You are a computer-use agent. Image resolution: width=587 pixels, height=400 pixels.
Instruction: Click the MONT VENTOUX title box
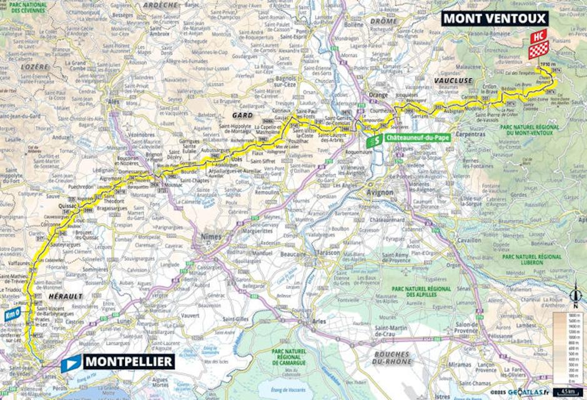495,18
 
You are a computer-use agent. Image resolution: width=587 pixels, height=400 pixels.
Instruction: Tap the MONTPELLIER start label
129,361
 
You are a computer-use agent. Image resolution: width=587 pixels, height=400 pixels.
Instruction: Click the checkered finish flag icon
538,49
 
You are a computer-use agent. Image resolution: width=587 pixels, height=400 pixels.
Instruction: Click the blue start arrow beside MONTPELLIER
71,362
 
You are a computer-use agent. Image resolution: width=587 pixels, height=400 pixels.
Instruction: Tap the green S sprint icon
373,141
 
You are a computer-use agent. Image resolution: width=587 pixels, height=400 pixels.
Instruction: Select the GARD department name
242,116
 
